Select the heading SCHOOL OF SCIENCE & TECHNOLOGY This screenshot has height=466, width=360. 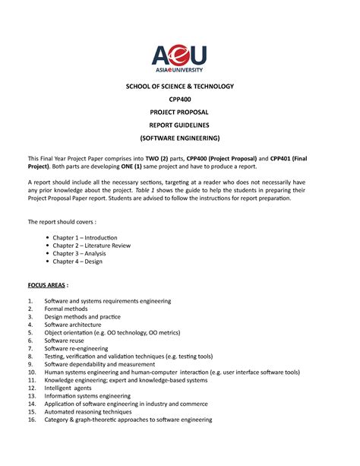[179, 87]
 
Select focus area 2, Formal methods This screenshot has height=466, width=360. [66, 309]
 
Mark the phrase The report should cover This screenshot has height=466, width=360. [60, 221]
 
